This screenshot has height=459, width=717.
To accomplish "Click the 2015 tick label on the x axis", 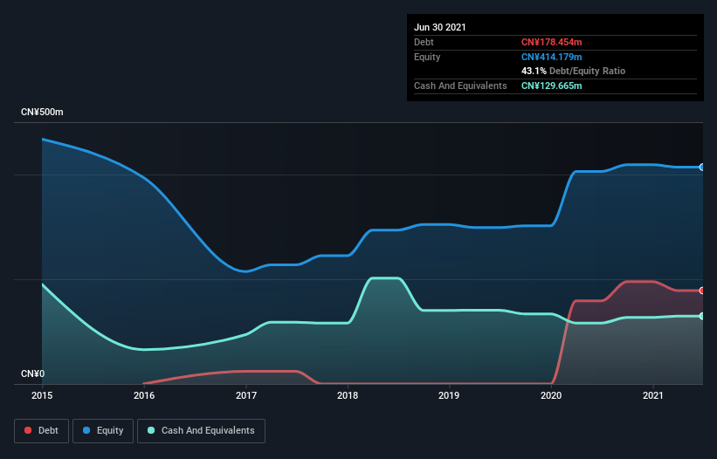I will pyautogui.click(x=42, y=396).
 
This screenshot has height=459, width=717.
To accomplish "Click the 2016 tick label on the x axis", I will pyautogui.click(x=144, y=396).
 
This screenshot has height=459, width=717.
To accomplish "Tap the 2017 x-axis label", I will pyautogui.click(x=246, y=396).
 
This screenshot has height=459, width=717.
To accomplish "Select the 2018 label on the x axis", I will pyautogui.click(x=348, y=396).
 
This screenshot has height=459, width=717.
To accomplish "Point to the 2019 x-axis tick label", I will pyautogui.click(x=450, y=396).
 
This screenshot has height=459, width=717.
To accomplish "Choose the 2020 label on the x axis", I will pyautogui.click(x=552, y=396).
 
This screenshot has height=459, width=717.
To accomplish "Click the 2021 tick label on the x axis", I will pyautogui.click(x=653, y=396).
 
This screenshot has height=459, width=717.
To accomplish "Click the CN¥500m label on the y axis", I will pyautogui.click(x=42, y=113).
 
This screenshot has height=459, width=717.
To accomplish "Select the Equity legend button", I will pyautogui.click(x=103, y=430).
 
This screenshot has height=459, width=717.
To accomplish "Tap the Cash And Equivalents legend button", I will pyautogui.click(x=201, y=430).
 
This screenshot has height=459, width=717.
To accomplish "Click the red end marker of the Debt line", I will pyautogui.click(x=701, y=291).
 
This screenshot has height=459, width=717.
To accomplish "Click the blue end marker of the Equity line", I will pyautogui.click(x=701, y=167).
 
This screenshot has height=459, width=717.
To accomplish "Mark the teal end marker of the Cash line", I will pyautogui.click(x=701, y=316).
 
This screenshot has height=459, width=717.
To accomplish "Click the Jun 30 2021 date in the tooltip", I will pyautogui.click(x=440, y=27).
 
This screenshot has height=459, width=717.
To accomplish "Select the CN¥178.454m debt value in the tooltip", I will pyautogui.click(x=551, y=42).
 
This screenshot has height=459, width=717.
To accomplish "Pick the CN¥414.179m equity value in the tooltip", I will pyautogui.click(x=551, y=57).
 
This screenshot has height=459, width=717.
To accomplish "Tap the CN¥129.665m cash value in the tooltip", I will pyautogui.click(x=551, y=86).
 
